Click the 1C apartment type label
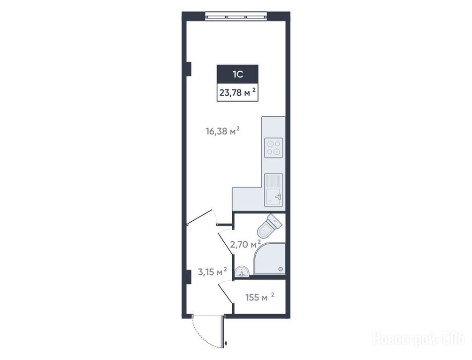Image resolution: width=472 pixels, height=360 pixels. [237, 74]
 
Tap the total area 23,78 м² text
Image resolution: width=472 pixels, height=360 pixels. [238, 92]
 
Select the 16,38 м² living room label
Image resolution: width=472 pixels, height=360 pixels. [222, 131]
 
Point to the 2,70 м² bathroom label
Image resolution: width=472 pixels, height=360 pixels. [245, 244]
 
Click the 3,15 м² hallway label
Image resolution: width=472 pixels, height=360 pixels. [212, 272]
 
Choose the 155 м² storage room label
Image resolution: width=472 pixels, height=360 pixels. [260, 297]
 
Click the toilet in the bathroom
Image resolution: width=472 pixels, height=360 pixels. [269, 225]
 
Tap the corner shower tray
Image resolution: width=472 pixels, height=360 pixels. [269, 259]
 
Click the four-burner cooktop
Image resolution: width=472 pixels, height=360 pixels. [274, 148]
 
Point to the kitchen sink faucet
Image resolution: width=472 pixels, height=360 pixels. [278, 197]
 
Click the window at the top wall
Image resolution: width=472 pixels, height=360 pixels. [236, 16]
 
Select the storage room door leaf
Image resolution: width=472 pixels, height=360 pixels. [226, 294]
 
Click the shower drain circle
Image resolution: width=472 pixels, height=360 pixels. [281, 269]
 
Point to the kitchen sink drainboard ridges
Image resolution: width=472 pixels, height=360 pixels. [274, 181]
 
